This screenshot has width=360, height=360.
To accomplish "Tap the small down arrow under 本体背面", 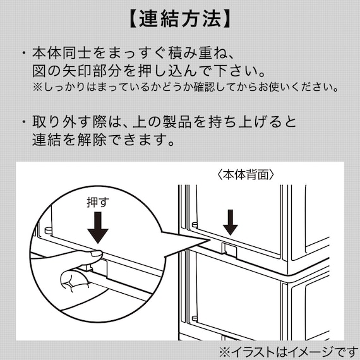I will pyautogui.click(x=231, y=222).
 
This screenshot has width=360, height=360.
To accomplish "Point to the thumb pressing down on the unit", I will pyautogui.click(x=88, y=255).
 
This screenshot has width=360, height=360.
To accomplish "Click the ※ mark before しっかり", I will pyautogui.click(x=37, y=86).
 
